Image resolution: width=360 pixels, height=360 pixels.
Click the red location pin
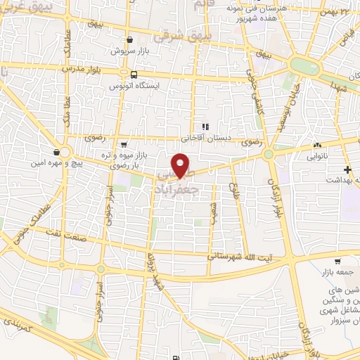point(182,165)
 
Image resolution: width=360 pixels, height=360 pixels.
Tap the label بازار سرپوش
point(130,51)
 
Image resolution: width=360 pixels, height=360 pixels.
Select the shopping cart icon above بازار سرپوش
point(130,39)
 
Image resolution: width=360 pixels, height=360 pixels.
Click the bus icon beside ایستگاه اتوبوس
point(133,74)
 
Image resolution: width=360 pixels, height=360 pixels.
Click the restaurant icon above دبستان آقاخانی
point(205,127)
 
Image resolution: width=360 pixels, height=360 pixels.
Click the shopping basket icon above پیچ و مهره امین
point(56,152)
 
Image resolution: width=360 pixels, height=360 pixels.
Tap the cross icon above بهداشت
point(347,169)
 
